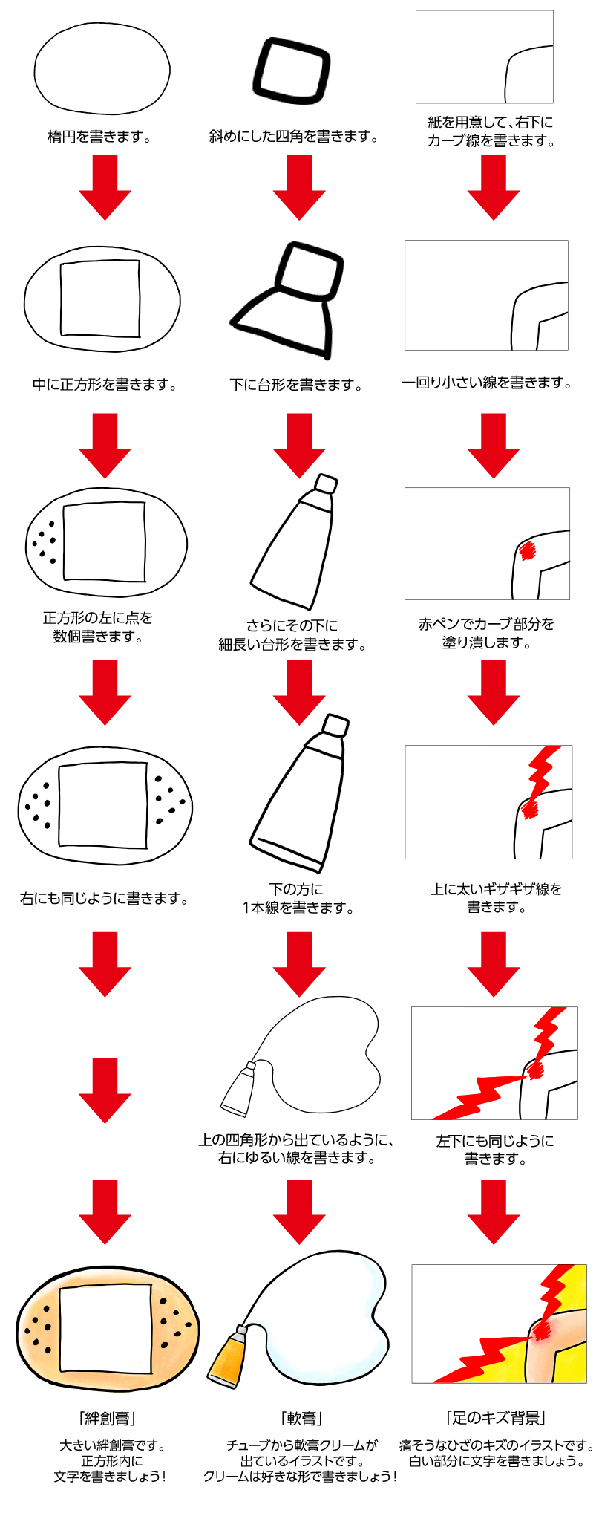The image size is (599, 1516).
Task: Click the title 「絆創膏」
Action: (105, 1418)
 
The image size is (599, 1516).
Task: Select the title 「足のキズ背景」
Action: (496, 1418)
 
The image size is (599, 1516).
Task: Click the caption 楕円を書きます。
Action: (100, 137)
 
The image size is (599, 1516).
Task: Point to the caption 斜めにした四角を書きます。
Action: (295, 137)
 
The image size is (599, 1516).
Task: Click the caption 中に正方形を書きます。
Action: (105, 385)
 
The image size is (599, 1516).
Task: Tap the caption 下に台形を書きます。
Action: (296, 385)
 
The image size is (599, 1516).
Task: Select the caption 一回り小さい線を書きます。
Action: (487, 383)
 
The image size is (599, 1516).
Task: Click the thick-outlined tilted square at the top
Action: (291, 68)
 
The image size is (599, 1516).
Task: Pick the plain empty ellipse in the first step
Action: (102, 71)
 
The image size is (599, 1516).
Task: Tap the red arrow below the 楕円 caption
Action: (105, 188)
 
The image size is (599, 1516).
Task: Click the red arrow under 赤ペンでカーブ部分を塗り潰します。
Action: (494, 692)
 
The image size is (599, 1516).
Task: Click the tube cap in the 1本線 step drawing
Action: (336, 725)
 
